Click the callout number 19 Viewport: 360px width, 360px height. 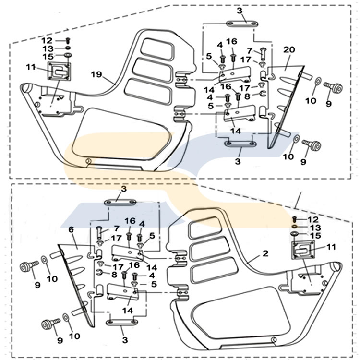96,74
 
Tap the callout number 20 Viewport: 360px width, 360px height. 288,49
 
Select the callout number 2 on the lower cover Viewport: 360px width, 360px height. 265,253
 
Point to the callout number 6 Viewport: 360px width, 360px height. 71,230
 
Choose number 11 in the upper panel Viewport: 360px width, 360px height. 30,68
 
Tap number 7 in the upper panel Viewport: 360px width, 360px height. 250,50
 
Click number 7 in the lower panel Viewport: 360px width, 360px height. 116,228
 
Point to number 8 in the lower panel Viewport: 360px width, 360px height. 114,275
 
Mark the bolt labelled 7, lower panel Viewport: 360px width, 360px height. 99,232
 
